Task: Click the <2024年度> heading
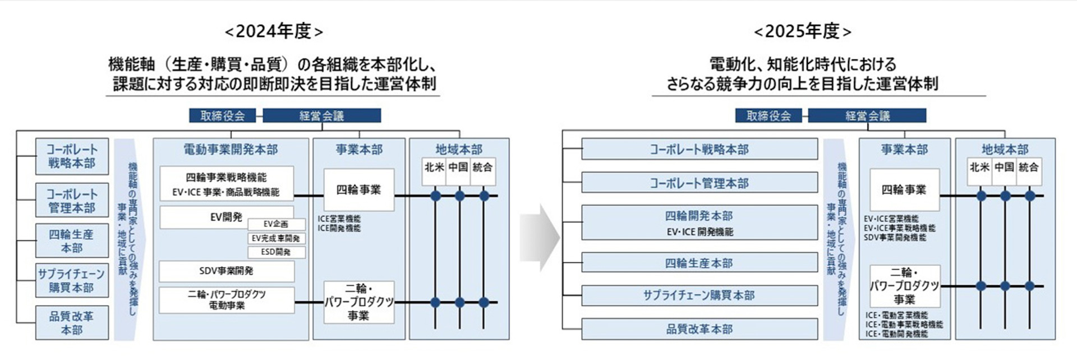coord(274,31)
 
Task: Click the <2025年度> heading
coord(803,31)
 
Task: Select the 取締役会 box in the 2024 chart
coord(222,116)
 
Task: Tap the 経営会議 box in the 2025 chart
coord(867,116)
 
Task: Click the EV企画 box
coord(276,224)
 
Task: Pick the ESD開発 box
coord(276,252)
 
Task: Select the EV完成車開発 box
coord(276,238)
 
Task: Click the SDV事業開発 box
coord(226,271)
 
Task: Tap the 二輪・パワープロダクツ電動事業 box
coord(226,300)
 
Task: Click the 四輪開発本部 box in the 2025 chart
coord(699,223)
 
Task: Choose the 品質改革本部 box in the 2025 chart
coord(699,329)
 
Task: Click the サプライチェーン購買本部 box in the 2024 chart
coord(71,280)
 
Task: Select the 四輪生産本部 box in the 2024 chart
coord(71,241)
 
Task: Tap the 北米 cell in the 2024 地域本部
coord(434,167)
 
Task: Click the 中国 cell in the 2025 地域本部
coord(1004,167)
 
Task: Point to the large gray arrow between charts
coord(538,238)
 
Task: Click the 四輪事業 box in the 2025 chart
coord(904,190)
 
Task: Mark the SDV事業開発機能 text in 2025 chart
coord(895,238)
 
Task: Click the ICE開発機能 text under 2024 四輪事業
coord(339,228)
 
